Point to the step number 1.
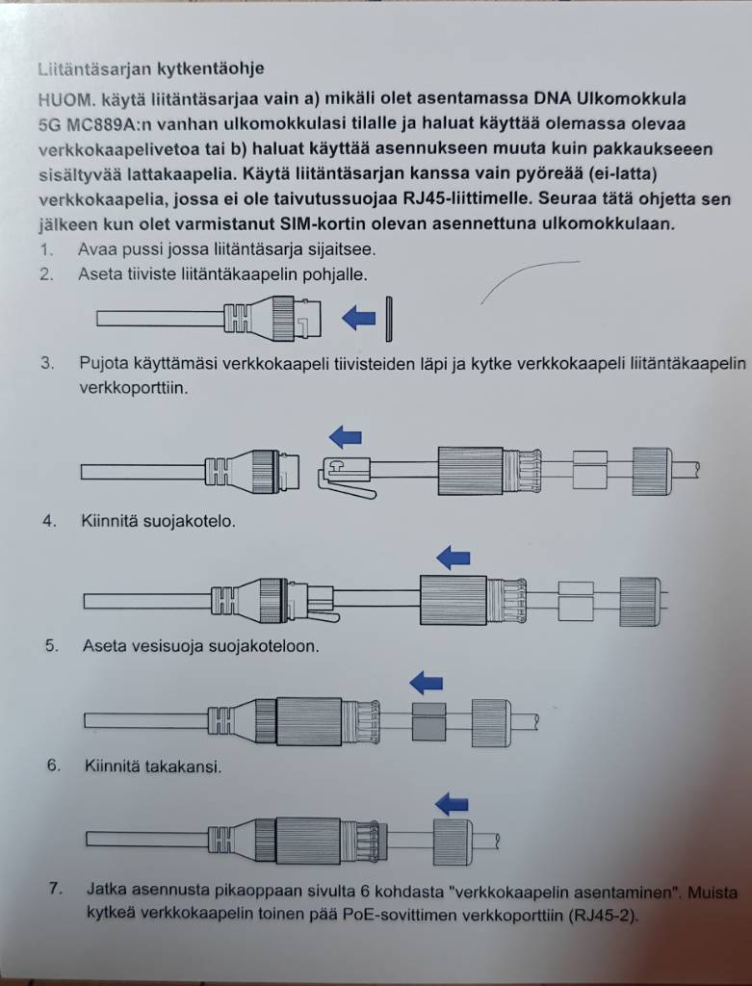[x=45, y=249]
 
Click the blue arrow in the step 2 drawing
[x=358, y=317]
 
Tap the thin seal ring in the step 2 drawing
[x=389, y=317]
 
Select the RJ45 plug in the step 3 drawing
[x=347, y=474]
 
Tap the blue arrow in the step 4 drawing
[x=453, y=556]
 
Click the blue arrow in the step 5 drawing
[x=426, y=683]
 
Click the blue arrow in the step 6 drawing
[x=452, y=802]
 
